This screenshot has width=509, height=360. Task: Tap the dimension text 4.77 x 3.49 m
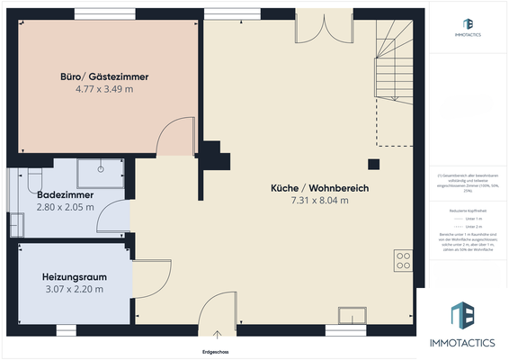pyautogui.click(x=105, y=90)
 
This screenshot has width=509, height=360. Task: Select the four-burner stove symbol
pyautogui.click(x=404, y=261)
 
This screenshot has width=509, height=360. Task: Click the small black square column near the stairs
pyautogui.click(x=373, y=164)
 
